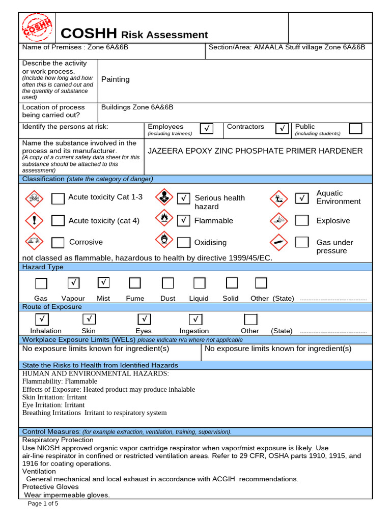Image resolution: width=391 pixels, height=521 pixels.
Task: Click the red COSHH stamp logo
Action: tap(36, 28)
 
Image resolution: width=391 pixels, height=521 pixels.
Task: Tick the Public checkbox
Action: tap(355, 128)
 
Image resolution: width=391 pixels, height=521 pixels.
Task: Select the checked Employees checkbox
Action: tap(206, 129)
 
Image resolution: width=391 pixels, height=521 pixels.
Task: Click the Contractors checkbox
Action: tap(282, 129)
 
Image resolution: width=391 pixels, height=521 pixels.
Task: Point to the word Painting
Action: tap(116, 79)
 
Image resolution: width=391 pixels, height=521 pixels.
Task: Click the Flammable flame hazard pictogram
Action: tap(163, 219)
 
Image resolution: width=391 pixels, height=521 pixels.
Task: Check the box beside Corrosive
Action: tap(58, 242)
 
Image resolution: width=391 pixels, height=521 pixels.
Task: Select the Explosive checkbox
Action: tap(302, 220)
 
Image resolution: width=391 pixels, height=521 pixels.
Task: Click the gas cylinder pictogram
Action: tap(277, 242)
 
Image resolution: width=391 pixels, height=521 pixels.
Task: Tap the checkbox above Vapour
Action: tap(74, 282)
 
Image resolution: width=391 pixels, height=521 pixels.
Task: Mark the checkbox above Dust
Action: tap(167, 283)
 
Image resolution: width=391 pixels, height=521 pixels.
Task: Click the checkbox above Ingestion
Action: tap(195, 319)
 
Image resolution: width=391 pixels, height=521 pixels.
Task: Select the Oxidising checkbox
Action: tap(185, 242)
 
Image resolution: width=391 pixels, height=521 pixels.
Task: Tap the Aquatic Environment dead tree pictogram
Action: tap(278, 198)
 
